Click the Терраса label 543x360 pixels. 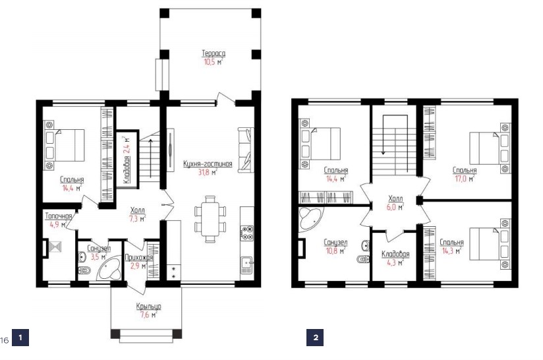(x=214, y=53)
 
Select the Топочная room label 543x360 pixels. (x=59, y=216)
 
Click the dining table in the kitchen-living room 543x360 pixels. (x=210, y=220)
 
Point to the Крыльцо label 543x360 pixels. (x=148, y=307)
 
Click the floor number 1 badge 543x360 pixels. (x=20, y=338)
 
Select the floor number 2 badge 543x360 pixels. (x=315, y=338)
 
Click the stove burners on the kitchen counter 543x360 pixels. (x=247, y=233)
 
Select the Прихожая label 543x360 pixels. (x=138, y=257)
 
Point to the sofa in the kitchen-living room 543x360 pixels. (x=245, y=149)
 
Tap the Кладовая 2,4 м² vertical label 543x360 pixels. (x=127, y=160)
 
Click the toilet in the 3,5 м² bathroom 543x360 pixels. (x=85, y=270)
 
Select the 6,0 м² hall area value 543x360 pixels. (x=395, y=207)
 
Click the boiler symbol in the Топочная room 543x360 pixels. (x=55, y=247)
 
